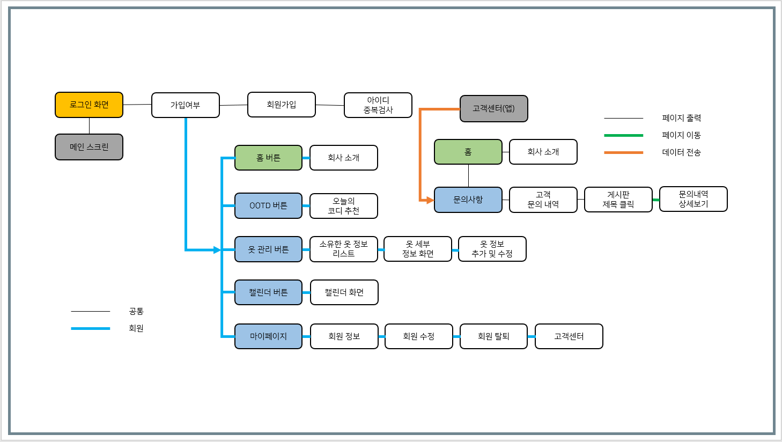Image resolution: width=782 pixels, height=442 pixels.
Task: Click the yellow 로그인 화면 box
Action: [89, 105]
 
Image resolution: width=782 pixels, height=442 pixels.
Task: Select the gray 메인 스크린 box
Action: [89, 147]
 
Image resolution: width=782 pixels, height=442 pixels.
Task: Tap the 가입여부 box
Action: [186, 105]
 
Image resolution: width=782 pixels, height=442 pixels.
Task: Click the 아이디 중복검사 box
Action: [378, 105]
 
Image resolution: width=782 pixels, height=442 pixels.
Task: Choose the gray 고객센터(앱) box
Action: [494, 108]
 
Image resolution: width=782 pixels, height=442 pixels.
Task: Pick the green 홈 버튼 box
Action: [268, 158]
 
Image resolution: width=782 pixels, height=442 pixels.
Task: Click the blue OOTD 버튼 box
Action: [268, 205]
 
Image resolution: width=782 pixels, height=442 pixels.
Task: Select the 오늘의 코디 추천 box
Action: [344, 206]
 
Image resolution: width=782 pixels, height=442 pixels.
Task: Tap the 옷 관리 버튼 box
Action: [268, 249]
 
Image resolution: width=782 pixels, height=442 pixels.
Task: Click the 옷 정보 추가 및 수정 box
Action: [492, 249]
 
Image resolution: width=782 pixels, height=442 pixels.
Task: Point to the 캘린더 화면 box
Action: [344, 292]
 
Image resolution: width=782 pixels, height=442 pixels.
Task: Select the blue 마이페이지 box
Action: [268, 336]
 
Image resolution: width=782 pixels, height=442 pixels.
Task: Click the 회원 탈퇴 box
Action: [493, 336]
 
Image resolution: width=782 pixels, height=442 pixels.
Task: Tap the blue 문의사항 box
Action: [468, 200]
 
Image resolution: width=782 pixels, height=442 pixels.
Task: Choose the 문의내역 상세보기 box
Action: [694, 199]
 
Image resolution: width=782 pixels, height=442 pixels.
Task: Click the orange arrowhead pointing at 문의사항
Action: [430, 200]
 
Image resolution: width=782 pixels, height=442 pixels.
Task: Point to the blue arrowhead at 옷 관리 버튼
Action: [217, 250]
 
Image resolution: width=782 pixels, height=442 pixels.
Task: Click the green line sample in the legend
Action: [623, 135]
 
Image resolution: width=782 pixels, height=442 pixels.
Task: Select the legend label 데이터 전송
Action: [681, 152]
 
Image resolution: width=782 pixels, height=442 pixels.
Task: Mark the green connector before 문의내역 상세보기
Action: [656, 200]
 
